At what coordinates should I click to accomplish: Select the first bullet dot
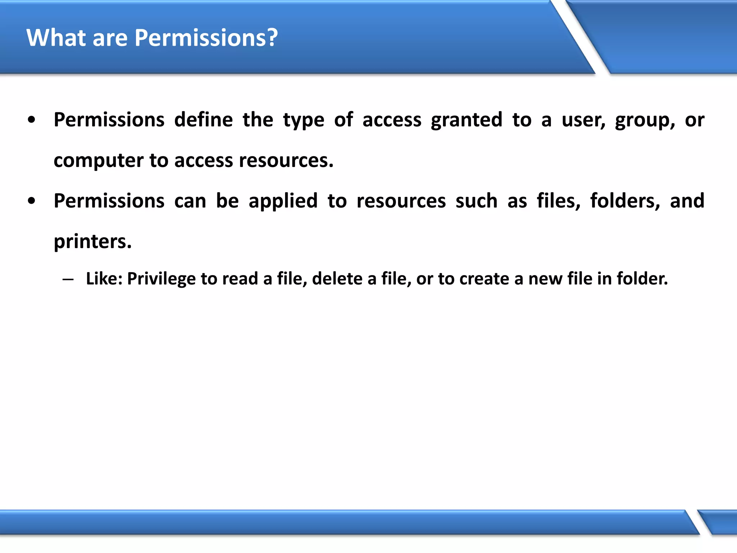pyautogui.click(x=32, y=120)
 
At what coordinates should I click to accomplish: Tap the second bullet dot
pyautogui.click(x=32, y=201)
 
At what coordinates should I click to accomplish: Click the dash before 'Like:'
pyautogui.click(x=68, y=279)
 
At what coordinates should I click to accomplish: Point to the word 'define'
pyautogui.click(x=203, y=120)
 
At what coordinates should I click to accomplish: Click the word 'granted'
pyautogui.click(x=466, y=120)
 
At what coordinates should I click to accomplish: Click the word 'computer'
pyautogui.click(x=98, y=161)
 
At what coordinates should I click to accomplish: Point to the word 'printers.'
pyautogui.click(x=92, y=242)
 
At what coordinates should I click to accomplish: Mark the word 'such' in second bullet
pyautogui.click(x=476, y=201)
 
